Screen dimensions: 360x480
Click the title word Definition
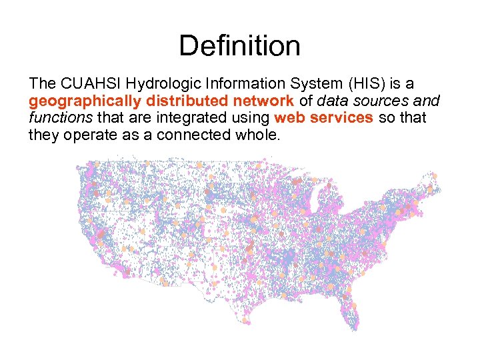point(239,46)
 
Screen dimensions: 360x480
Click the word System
point(311,84)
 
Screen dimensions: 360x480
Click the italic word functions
point(61,118)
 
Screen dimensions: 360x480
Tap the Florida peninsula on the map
point(353,313)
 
